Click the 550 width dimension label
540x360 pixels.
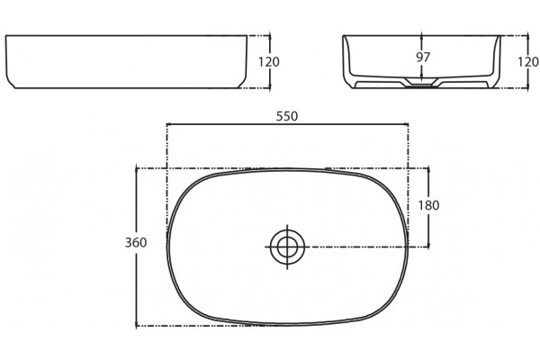coord(287,116)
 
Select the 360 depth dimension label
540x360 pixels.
coord(136,242)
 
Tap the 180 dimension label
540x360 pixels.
coord(428,205)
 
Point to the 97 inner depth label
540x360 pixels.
coord(423,58)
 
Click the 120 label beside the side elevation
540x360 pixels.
coord(269,62)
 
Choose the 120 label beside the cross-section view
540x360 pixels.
coord(528,62)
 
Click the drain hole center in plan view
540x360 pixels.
coord(287,247)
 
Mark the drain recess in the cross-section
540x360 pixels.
coord(421,82)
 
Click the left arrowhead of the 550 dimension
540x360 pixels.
coord(168,124)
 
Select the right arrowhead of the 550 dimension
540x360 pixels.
coord(406,124)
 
